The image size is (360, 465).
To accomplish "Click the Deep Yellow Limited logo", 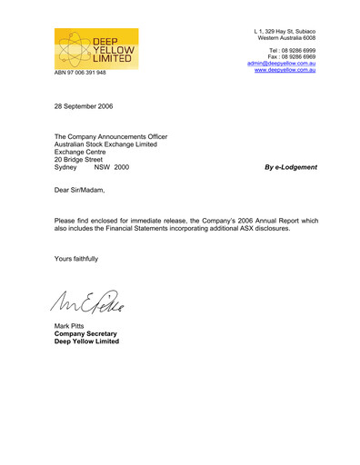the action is click(x=95, y=47).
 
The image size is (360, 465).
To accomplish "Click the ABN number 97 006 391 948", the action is click(x=80, y=73).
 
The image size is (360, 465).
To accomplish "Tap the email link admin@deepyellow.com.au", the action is click(x=281, y=64).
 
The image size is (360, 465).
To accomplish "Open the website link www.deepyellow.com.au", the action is click(x=285, y=71).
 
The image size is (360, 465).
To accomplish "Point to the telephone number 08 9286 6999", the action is click(x=295, y=49).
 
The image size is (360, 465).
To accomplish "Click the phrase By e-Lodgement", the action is click(x=290, y=167).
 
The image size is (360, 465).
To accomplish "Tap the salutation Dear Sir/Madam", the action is click(x=80, y=191).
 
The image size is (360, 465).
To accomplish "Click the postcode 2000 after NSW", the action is click(x=122, y=167).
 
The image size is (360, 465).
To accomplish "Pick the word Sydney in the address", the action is click(x=67, y=167).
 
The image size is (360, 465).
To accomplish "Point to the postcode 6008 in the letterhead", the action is click(x=306, y=38).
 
